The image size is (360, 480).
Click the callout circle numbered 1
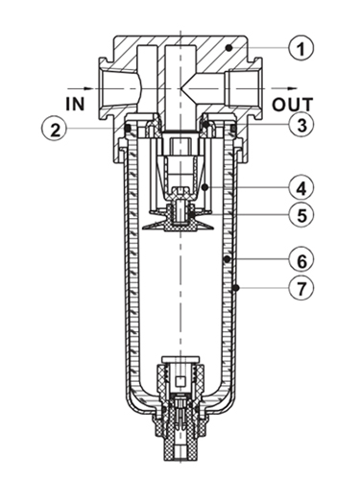(x=300, y=48)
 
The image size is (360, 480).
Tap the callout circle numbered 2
(x=55, y=130)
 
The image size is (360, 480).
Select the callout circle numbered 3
(x=300, y=125)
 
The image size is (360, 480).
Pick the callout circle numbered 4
(x=300, y=188)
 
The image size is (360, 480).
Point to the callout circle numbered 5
(x=300, y=215)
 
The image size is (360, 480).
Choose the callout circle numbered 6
(x=300, y=260)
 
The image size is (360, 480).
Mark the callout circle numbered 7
(x=300, y=287)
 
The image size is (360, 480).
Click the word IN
(x=75, y=104)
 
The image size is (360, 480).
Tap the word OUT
(x=292, y=105)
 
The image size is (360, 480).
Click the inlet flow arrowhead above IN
(x=88, y=88)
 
